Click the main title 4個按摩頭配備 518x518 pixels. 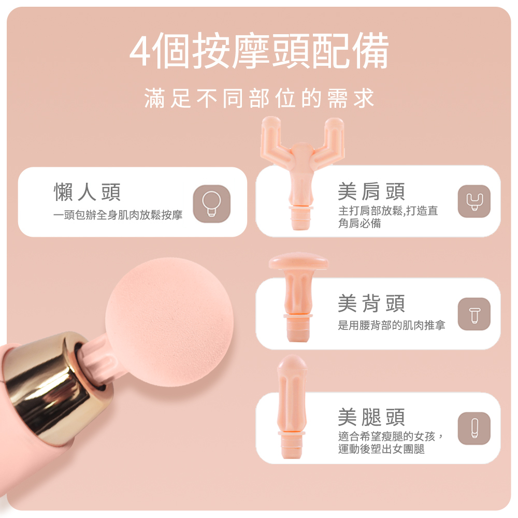click(258, 51)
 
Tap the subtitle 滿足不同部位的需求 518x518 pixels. click(260, 98)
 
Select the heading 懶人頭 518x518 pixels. click(87, 192)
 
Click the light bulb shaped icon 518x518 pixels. click(211, 204)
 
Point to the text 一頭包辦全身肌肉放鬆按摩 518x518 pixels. click(118, 215)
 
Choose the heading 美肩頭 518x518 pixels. click(371, 192)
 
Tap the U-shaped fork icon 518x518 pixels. click(474, 201)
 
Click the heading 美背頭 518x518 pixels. click(371, 303)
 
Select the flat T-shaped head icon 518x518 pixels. click(474, 314)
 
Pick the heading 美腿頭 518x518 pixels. click(371, 416)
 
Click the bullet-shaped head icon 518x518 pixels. click(474, 428)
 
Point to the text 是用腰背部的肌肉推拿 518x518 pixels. click(392, 325)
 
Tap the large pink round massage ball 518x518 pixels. click(169, 322)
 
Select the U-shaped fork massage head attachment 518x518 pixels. click(301, 172)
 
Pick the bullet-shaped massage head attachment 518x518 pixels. click(292, 407)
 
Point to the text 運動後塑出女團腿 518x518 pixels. click(381, 449)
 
